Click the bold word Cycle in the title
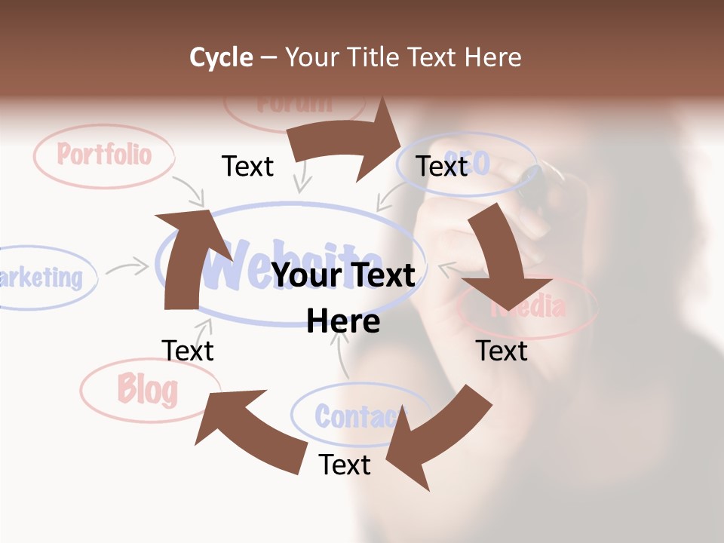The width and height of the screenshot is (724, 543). click(221, 57)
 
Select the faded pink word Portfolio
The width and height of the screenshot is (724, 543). click(104, 155)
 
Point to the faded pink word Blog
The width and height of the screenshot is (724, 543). click(148, 390)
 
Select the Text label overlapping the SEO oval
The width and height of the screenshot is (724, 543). click(442, 166)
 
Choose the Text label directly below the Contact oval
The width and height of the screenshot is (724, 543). click(345, 465)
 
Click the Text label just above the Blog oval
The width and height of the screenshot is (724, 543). click(188, 350)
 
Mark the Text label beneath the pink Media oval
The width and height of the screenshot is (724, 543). click(502, 350)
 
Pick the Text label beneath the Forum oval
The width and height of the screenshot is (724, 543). click(247, 166)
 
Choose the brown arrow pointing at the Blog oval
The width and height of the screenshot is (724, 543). click(249, 430)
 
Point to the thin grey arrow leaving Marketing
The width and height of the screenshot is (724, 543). click(127, 267)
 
